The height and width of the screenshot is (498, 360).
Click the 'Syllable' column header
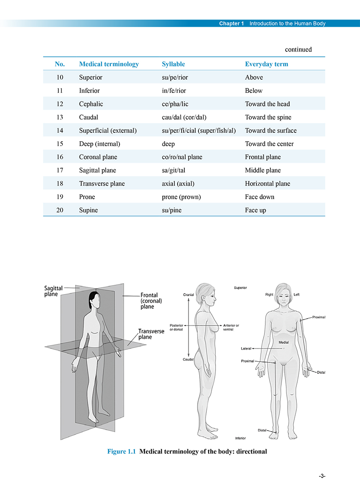tap(173, 64)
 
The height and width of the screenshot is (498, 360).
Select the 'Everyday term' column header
tap(266, 64)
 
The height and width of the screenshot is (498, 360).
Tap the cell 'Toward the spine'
tap(268, 117)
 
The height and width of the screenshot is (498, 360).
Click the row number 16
tap(60, 157)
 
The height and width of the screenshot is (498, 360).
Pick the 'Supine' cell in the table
tap(88, 210)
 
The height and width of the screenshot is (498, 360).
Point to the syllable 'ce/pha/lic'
tap(175, 104)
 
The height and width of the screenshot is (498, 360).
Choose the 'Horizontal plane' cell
tap(268, 184)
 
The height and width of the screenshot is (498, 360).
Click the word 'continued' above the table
tap(298, 49)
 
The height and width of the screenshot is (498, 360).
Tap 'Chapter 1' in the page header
tap(232, 23)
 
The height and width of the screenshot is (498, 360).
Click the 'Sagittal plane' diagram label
tap(53, 291)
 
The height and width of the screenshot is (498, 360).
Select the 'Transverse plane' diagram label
tap(151, 334)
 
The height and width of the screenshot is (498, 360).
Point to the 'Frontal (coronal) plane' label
tap(151, 301)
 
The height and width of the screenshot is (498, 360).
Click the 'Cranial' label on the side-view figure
tap(188, 295)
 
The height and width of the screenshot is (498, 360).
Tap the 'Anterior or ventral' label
tap(231, 327)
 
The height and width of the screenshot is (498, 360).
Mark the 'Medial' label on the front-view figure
tap(284, 342)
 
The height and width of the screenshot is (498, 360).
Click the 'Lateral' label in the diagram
tap(246, 349)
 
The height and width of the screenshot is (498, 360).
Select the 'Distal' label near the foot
tap(262, 430)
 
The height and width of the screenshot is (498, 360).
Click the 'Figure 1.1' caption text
tap(122, 452)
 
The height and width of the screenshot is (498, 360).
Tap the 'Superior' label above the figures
tap(240, 288)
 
